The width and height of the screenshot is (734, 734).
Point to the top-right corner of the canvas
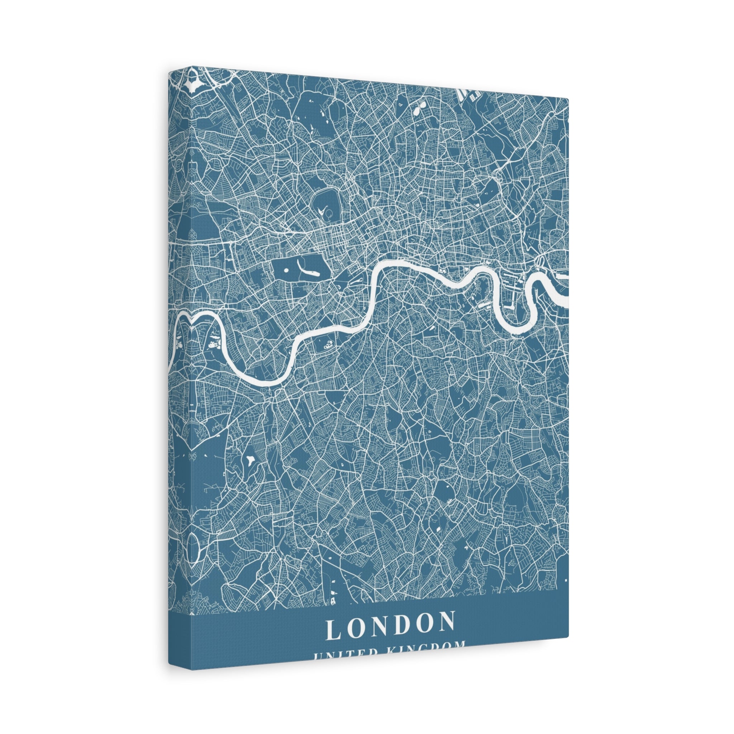tap(568, 100)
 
